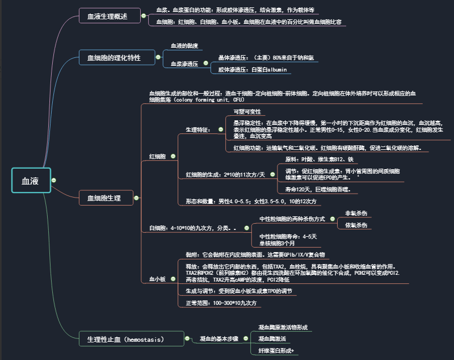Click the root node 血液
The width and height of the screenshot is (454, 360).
pos(31,181)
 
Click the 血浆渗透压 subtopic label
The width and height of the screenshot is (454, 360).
pos(184,64)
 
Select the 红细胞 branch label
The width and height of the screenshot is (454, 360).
pos(157,156)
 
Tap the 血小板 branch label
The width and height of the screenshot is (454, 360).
pos(157,279)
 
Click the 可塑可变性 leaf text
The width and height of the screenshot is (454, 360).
pos(247,111)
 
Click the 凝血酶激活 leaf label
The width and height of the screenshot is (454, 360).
pos(272,339)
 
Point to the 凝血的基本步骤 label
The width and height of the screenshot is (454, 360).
pos(218,338)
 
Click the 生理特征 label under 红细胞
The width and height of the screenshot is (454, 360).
pos(198,129)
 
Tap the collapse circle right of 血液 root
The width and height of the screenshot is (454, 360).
pos(54,181)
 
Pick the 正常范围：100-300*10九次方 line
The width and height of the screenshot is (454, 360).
pos(221,303)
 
